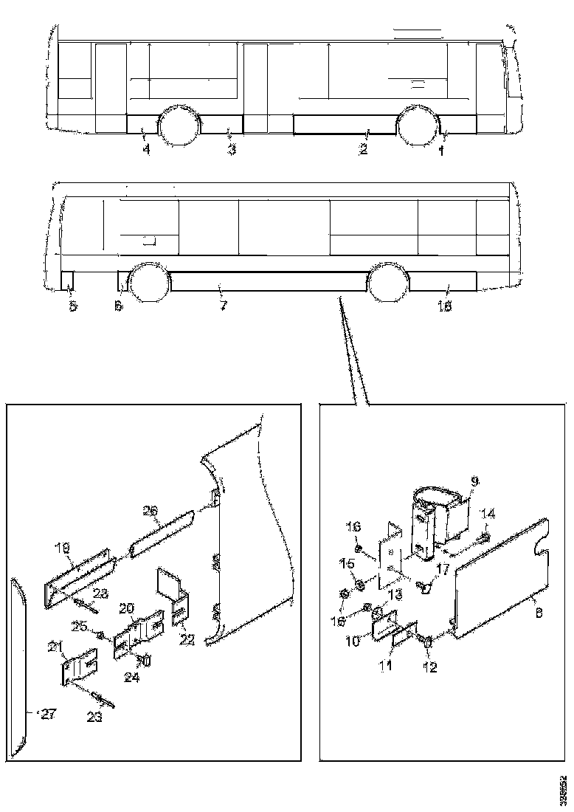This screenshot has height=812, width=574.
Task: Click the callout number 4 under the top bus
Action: coord(146,150)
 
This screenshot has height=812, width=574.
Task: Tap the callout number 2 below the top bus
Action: coord(363,150)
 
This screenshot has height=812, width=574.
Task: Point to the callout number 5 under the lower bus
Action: coord(72,306)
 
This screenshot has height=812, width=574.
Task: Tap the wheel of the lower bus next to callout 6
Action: coord(150,283)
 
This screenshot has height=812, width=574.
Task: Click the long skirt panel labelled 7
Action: coord(266,281)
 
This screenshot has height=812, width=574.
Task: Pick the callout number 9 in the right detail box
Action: coord(474,481)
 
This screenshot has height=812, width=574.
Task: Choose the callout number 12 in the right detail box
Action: coord(429,668)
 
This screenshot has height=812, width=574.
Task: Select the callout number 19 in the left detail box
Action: coord(62,549)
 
